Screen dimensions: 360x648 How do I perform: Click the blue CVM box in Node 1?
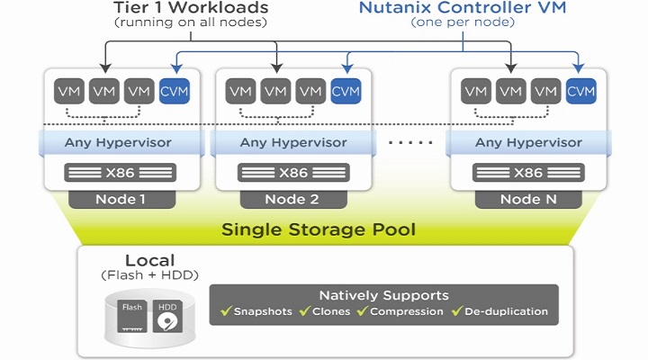pos(174,91)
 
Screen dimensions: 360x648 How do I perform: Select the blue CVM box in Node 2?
pos(346,91)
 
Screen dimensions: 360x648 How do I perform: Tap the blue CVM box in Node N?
pos(580,91)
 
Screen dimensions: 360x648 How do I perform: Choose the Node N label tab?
pos(527,198)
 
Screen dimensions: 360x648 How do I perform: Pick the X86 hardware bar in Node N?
pos(527,173)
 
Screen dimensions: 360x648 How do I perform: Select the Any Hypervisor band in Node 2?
pos(292,142)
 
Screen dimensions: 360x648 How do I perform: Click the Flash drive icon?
pos(132,316)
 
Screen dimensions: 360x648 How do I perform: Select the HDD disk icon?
pos(168,318)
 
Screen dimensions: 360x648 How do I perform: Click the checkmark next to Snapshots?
pos(226,312)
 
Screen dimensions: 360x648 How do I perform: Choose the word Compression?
pos(407,312)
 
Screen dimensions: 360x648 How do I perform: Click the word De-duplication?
pos(506,312)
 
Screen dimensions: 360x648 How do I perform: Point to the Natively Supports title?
pos(383,295)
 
